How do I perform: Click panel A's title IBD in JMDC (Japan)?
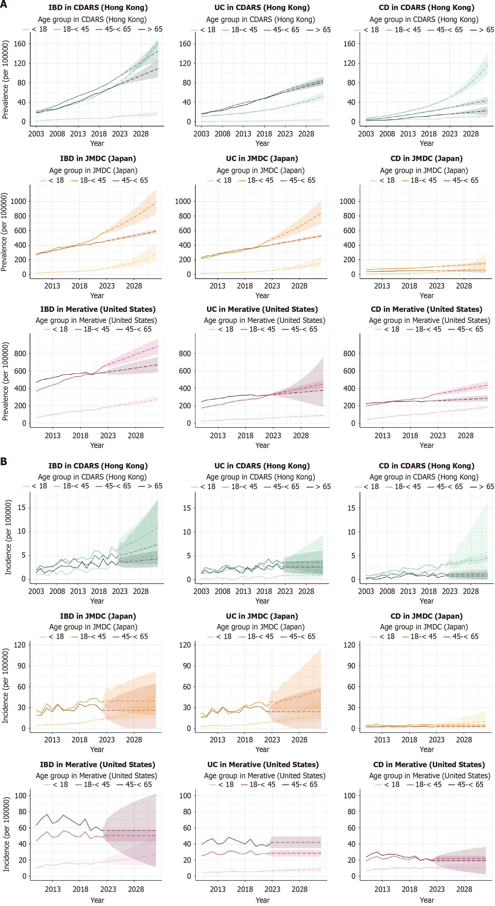(x=98, y=159)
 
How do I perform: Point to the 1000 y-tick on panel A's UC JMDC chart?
(x=183, y=201)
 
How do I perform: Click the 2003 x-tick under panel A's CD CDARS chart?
(x=366, y=134)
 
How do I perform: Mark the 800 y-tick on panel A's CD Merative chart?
(x=349, y=353)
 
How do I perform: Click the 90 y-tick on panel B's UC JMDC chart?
(x=187, y=666)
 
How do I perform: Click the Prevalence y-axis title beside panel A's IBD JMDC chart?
(x=4, y=232)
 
